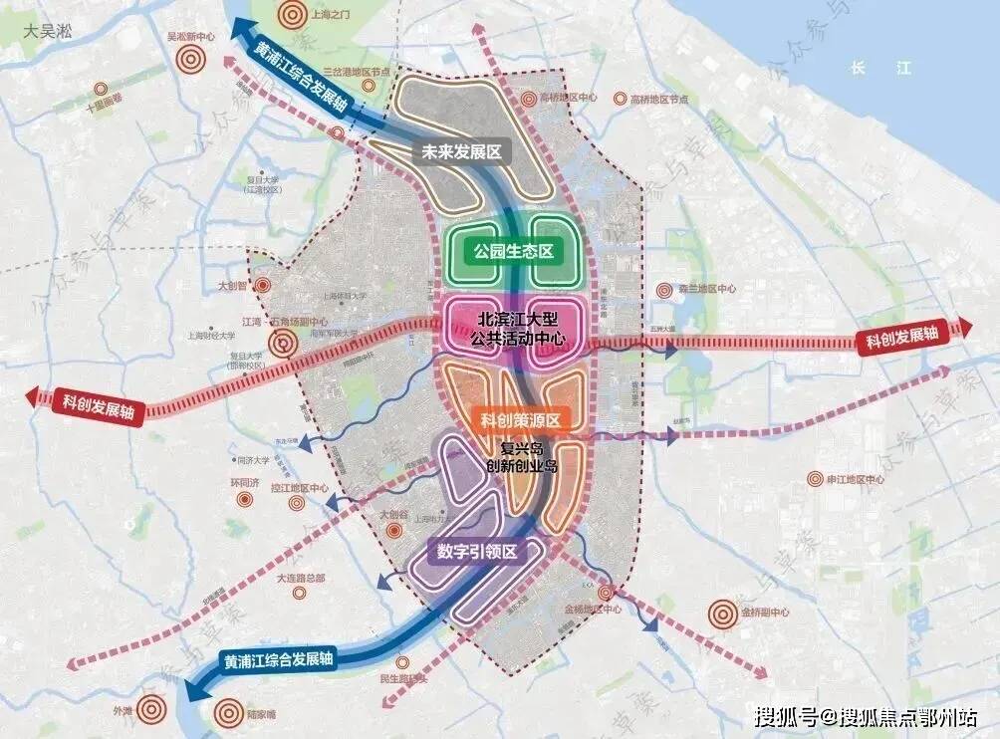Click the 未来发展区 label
(x=460, y=152)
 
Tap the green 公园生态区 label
(x=504, y=251)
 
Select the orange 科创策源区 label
(x=523, y=420)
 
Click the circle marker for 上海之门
(x=292, y=15)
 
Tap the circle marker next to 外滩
(x=151, y=709)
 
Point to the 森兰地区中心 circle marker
(x=664, y=290)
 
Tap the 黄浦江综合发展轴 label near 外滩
(x=278, y=660)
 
